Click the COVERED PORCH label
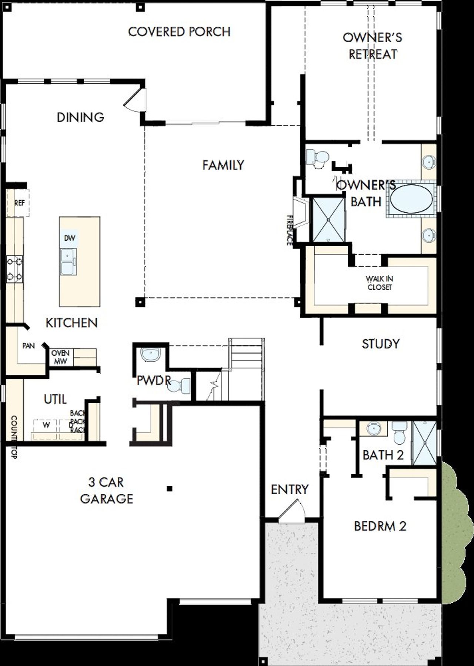click(x=179, y=32)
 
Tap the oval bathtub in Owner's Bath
click(x=411, y=199)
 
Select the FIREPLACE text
click(x=289, y=230)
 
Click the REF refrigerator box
click(x=19, y=203)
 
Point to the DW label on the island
click(x=70, y=238)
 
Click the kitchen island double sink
click(x=69, y=261)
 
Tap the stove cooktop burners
click(x=14, y=269)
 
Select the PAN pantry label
click(x=29, y=346)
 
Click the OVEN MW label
click(x=60, y=357)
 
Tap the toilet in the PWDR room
click(x=181, y=386)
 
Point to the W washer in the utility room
click(x=46, y=425)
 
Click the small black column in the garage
click(x=169, y=489)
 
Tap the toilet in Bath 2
click(x=399, y=434)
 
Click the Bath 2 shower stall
click(x=425, y=442)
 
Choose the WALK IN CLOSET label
click(x=379, y=283)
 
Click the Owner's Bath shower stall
click(x=328, y=220)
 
